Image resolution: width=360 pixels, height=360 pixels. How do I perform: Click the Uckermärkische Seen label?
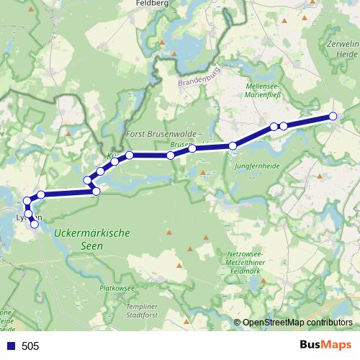click(91, 239)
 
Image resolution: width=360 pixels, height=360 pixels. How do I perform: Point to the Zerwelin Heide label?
click(342, 48)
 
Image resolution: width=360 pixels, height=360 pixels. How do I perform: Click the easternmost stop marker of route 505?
click(333, 116)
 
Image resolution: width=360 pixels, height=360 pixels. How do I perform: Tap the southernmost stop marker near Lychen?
click(34, 225)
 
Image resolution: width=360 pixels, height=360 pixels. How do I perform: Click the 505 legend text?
click(30, 346)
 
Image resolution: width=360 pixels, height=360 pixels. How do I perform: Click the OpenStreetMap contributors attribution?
click(297, 323)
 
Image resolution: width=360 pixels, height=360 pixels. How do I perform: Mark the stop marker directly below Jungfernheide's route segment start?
click(233, 146)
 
